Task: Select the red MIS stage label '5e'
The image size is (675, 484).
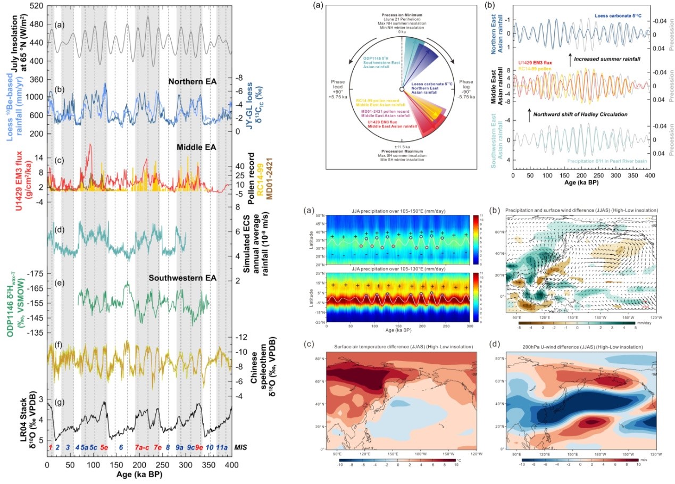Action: click(x=104, y=447)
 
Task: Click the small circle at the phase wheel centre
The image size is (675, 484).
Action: click(x=402, y=89)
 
